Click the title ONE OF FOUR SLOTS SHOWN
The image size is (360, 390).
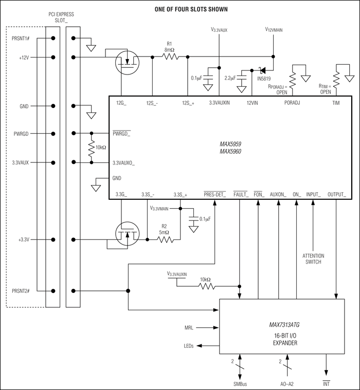(184, 9)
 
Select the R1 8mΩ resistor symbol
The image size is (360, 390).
(170, 57)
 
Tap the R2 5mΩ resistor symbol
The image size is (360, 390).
(165, 239)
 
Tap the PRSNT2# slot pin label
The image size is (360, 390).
(22, 291)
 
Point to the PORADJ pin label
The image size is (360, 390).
(294, 103)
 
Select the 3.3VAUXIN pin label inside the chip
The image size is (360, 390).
(220, 103)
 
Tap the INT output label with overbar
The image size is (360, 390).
(326, 384)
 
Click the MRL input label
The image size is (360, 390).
(190, 327)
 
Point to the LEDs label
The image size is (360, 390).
(188, 346)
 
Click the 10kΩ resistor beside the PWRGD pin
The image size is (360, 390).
(92, 149)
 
